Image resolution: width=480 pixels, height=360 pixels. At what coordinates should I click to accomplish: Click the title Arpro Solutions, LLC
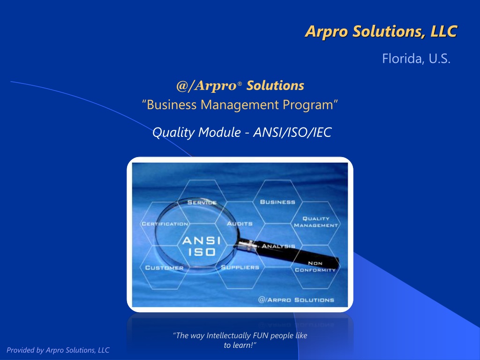(381, 31)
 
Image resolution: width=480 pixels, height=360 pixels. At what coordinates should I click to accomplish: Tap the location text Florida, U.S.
(416, 59)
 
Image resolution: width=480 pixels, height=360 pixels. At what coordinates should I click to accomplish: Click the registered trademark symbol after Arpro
(240, 83)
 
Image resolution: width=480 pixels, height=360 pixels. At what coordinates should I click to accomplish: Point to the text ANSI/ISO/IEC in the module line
(292, 132)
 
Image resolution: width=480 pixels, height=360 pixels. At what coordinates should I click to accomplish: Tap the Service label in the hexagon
(202, 202)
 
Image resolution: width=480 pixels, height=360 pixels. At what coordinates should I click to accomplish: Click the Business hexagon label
(277, 202)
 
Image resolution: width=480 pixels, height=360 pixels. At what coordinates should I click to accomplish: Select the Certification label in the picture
(165, 224)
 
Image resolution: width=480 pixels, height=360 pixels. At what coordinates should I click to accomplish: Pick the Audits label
(240, 224)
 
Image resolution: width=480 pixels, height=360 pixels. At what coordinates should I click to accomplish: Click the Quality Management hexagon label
(315, 222)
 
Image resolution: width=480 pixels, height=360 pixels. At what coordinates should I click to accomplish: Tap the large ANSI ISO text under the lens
(202, 246)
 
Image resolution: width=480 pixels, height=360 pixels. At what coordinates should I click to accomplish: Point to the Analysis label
(278, 246)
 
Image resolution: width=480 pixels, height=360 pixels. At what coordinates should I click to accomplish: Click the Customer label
(165, 268)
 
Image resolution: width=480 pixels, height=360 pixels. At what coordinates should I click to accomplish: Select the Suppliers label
(240, 268)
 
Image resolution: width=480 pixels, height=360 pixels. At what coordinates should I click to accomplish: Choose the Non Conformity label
(315, 267)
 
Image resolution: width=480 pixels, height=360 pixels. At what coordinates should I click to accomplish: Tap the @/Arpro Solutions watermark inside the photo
(296, 300)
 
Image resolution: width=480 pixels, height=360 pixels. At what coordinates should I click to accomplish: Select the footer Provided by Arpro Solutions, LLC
(58, 350)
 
